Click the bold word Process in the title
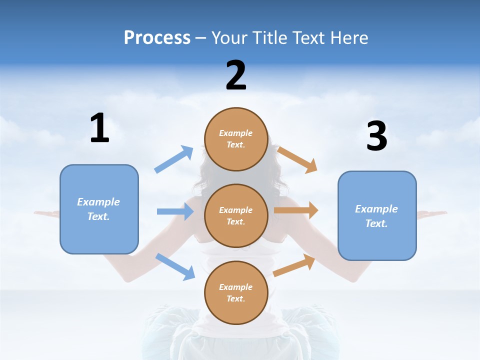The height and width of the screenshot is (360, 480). pos(157,37)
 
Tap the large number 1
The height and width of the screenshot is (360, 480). pos(99,128)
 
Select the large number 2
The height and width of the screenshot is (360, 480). pos(236,75)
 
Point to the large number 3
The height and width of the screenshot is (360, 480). pos(376,136)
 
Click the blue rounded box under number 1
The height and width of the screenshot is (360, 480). pos(99,209)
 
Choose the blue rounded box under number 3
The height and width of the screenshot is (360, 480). pos(377,215)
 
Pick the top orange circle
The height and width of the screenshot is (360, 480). pos(236,139)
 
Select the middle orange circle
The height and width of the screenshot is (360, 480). pos(236,215)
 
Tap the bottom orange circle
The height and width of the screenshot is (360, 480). pos(236,292)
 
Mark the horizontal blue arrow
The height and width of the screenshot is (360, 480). pos(175,211)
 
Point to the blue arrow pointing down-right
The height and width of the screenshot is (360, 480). pos(175,266)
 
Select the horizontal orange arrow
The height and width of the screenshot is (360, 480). pos(296,210)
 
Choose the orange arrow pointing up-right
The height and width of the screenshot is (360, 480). pos(294,265)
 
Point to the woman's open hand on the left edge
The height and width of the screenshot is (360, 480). pos(46,214)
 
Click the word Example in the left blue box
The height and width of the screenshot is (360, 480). pos(98,202)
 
